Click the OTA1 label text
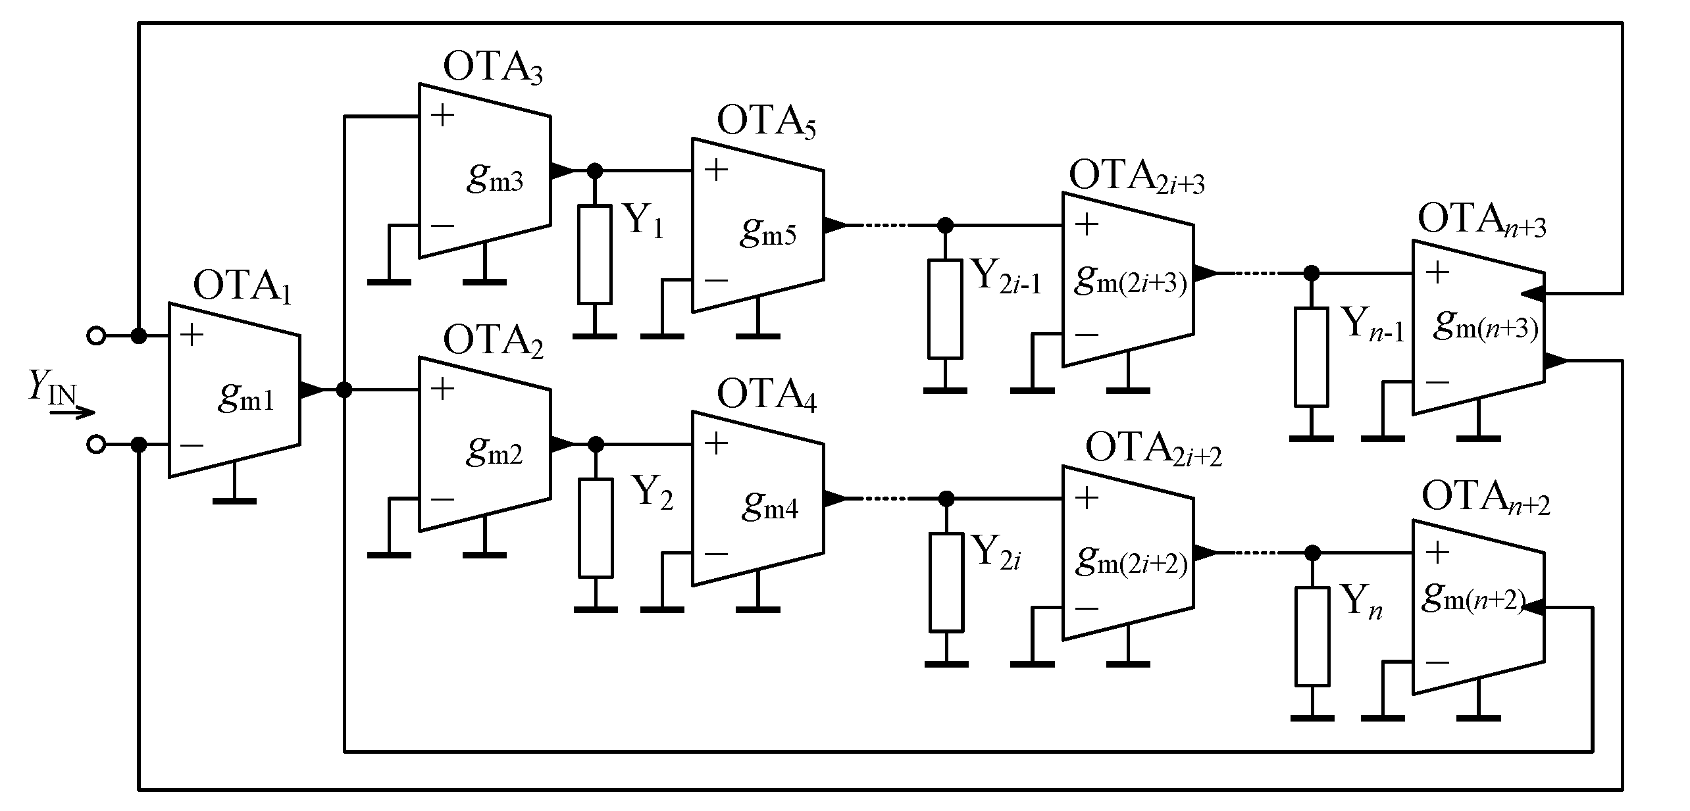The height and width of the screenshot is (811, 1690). pyautogui.click(x=242, y=287)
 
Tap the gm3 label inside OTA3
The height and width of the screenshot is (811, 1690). pyautogui.click(x=495, y=178)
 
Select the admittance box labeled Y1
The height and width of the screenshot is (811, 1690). pyautogui.click(x=594, y=255)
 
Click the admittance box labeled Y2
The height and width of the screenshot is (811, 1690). pyautogui.click(x=596, y=528)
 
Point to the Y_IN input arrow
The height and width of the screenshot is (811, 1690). pyautogui.click(x=72, y=413)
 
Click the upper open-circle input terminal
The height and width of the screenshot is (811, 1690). pyautogui.click(x=96, y=336)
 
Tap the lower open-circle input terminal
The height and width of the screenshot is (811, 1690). pyautogui.click(x=96, y=445)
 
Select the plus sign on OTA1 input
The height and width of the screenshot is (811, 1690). pyautogui.click(x=192, y=335)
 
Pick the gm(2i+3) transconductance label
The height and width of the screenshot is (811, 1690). pyautogui.click(x=1131, y=281)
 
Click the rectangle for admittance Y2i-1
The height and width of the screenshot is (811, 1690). pyautogui.click(x=945, y=309)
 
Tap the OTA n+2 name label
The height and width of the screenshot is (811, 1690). pyautogui.click(x=1485, y=498)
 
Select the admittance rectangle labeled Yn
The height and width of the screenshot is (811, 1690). pyautogui.click(x=1312, y=637)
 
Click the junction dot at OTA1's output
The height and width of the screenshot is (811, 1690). pyautogui.click(x=344, y=390)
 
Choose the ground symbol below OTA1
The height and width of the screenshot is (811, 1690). pyautogui.click(x=234, y=501)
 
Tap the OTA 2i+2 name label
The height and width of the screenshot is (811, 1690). pyautogui.click(x=1153, y=450)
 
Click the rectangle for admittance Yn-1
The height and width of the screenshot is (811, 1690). pyautogui.click(x=1311, y=356)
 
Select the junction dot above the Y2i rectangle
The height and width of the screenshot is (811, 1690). pyautogui.click(x=946, y=499)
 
